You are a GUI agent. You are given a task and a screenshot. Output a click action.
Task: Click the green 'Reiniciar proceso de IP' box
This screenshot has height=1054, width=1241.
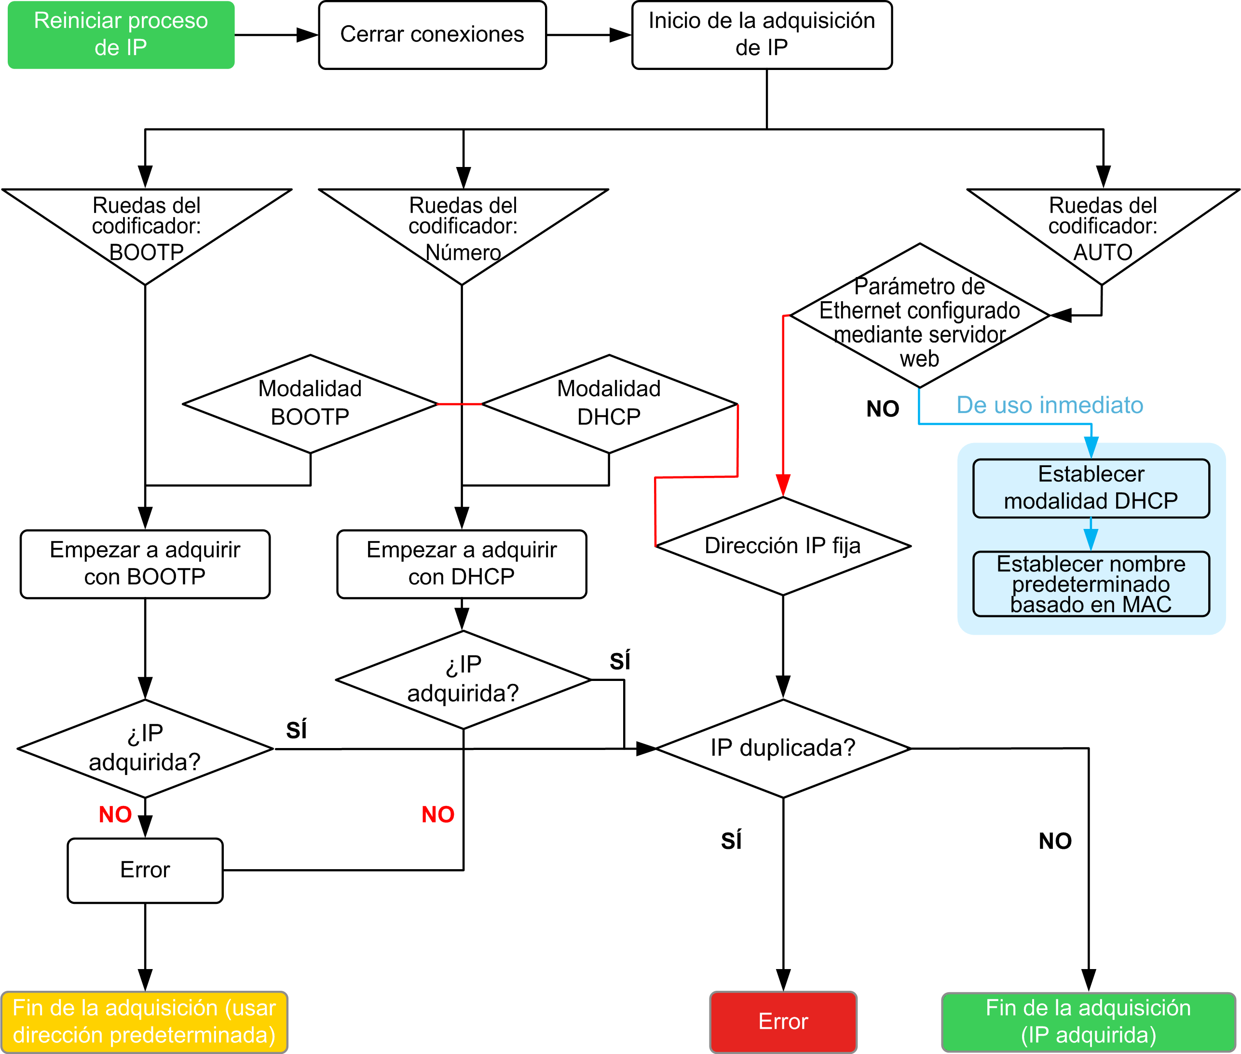point(121,35)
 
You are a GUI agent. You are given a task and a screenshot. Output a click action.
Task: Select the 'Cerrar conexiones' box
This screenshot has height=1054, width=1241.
point(432,35)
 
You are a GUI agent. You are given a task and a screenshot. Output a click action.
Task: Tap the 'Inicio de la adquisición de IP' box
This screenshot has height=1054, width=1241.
point(762,35)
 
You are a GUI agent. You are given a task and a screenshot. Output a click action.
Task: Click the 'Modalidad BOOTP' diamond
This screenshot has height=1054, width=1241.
point(310,404)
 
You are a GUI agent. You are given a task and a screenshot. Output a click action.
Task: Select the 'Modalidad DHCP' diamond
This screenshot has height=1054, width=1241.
point(609,404)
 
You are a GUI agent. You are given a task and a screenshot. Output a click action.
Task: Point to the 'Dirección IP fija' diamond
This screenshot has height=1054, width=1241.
point(783,545)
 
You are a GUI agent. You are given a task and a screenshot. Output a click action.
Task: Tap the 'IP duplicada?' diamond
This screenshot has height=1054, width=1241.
point(783,748)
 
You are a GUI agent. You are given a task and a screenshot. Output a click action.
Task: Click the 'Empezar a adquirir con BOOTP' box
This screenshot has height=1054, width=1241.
point(145,564)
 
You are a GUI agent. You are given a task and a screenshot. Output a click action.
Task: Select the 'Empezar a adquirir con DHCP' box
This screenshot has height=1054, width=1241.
point(462,564)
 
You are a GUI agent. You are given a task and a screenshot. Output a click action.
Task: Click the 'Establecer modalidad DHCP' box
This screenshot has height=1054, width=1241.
point(1091,488)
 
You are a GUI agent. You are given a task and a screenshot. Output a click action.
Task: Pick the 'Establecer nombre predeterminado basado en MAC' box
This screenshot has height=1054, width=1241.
point(1091,584)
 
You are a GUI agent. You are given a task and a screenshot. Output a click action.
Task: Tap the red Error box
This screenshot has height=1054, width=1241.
point(783,1021)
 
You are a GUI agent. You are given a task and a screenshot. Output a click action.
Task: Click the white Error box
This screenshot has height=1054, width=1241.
point(145,870)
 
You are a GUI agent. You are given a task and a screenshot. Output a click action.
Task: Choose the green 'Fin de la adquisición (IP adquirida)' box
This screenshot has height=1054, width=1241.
point(1088,1021)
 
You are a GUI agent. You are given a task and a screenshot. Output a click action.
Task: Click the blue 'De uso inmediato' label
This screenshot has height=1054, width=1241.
point(1050,405)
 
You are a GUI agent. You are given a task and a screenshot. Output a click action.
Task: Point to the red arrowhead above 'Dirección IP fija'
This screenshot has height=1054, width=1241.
point(783,485)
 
